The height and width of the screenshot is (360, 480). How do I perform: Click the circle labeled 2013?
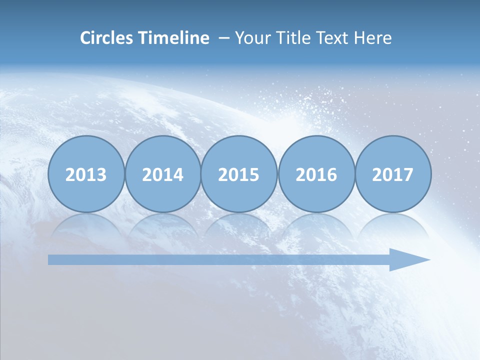click(x=86, y=174)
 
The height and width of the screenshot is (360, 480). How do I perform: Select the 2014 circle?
click(x=163, y=174)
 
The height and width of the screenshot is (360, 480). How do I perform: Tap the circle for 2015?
click(x=239, y=174)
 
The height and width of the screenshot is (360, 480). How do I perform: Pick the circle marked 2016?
click(x=316, y=174)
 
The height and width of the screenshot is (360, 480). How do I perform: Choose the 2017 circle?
click(x=393, y=174)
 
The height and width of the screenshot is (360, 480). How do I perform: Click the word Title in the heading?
click(x=293, y=38)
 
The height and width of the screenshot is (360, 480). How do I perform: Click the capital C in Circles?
click(x=85, y=38)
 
